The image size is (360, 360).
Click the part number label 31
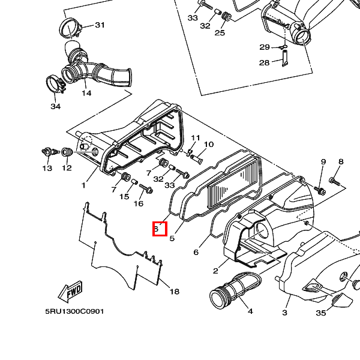click(x=100, y=25)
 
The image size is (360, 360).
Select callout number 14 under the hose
click(x=86, y=93)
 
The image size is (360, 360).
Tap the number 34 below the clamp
click(x=56, y=106)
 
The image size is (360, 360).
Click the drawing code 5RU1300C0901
click(x=74, y=311)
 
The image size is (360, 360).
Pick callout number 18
click(x=174, y=292)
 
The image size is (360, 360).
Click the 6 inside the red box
click(x=157, y=229)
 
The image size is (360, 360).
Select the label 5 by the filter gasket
click(x=172, y=238)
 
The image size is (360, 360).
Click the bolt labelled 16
click(x=146, y=188)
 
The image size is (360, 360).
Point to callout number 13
click(x=47, y=168)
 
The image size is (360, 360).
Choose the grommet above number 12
click(x=67, y=152)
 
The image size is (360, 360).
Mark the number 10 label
click(x=209, y=145)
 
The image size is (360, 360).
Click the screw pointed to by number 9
click(x=320, y=190)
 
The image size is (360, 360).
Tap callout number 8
click(x=341, y=161)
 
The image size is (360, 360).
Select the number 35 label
click(x=321, y=313)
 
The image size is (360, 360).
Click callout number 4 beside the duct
click(x=250, y=311)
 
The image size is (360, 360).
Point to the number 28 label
click(x=264, y=62)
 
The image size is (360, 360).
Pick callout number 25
click(x=220, y=32)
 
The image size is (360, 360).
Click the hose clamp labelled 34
click(x=55, y=85)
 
